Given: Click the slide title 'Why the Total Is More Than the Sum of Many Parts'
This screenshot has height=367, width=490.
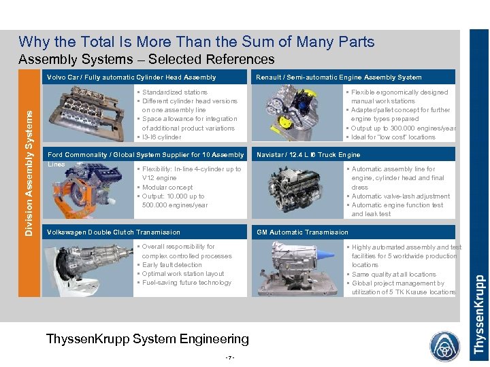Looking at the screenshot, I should click(196, 42).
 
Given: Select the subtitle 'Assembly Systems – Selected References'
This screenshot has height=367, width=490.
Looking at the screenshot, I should click(146, 60).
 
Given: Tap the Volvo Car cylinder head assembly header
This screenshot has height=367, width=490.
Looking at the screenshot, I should click(131, 77).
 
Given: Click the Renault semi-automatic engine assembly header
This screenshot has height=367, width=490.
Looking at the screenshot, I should click(338, 77).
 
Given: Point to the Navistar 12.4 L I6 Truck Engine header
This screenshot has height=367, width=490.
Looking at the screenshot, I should click(308, 155).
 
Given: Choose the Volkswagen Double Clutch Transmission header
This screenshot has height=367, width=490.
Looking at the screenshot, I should click(114, 232).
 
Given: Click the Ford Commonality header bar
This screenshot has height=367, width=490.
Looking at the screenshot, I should click(145, 155).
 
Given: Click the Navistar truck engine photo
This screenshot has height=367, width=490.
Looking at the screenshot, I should click(297, 190).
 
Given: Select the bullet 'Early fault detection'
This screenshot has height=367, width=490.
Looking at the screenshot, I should click(171, 265).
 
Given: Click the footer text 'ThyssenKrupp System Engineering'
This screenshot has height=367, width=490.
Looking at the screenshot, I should click(147, 338).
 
